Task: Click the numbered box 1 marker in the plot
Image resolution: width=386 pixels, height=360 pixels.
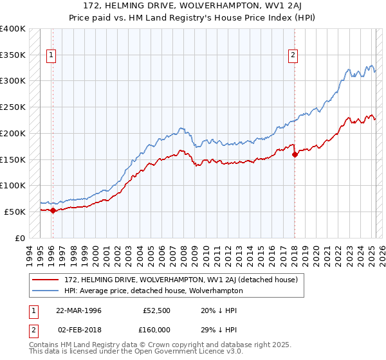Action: [51, 55]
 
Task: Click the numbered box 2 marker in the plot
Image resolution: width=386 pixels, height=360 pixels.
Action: [293, 55]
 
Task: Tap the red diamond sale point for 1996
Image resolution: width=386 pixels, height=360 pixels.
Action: [53, 210]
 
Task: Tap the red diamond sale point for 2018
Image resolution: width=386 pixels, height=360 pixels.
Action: [295, 154]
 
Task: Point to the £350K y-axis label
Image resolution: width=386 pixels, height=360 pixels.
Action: [13, 55]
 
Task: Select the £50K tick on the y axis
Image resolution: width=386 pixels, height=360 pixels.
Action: [15, 211]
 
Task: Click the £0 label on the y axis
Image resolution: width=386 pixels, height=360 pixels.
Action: [20, 237]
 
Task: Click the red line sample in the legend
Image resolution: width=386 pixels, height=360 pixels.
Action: [46, 280]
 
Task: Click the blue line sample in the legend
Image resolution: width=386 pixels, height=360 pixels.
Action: [46, 291]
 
